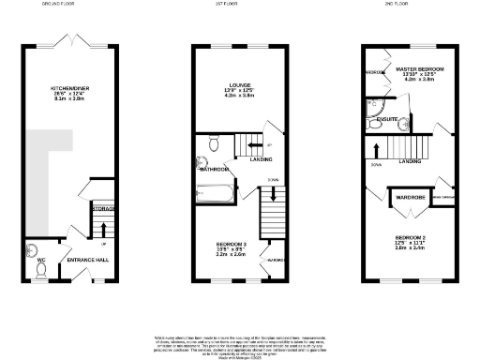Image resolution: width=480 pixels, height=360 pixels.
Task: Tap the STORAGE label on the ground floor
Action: pos(102,208)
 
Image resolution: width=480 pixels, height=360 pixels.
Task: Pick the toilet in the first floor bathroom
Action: pos(214,144)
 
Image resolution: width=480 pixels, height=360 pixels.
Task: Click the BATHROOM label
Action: pos(214,170)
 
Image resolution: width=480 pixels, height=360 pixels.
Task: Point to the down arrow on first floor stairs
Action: pos(273,194)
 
